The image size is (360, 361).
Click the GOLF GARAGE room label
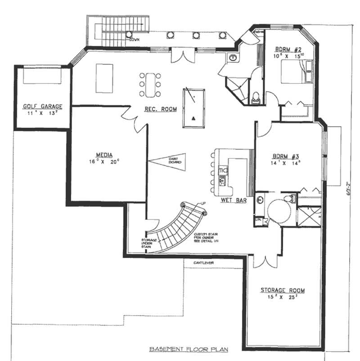tap(43, 107)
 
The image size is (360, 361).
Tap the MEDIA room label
tap(103, 152)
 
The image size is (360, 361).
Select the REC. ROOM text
tap(160, 109)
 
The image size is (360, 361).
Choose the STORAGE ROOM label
tap(279, 290)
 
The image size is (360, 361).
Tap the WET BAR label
tap(234, 201)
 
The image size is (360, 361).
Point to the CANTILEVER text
tap(204, 262)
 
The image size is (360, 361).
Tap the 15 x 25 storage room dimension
tap(279, 298)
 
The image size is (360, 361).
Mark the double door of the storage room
tap(262, 261)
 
